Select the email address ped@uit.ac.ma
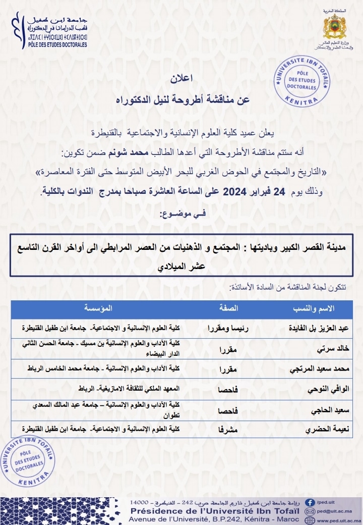point(335,510)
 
